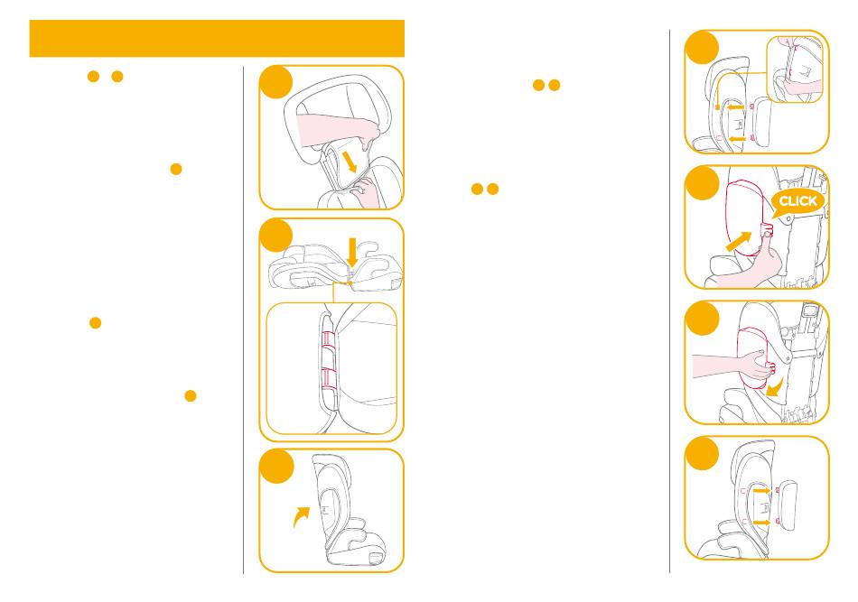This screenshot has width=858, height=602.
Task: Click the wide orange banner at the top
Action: [217, 38]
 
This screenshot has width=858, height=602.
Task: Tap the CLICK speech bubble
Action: [797, 202]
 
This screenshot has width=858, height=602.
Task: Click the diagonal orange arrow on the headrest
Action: [349, 162]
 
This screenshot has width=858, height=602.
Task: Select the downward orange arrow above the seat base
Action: [352, 253]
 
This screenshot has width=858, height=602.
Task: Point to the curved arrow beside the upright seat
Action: [301, 516]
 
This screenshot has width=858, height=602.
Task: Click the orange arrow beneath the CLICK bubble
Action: [740, 241]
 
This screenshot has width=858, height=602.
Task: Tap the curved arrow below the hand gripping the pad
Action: [776, 388]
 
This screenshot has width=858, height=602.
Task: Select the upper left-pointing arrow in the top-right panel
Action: [735, 107]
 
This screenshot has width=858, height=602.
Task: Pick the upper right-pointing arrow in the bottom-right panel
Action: [762, 491]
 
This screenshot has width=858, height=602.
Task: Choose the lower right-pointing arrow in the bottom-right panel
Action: [761, 523]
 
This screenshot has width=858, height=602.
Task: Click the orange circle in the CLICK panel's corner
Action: [702, 183]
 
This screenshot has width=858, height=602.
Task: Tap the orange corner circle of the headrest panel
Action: [276, 82]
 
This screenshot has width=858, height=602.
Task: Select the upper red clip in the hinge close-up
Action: [329, 338]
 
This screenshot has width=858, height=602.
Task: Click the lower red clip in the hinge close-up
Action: [330, 377]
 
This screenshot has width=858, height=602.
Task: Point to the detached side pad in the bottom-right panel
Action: [788, 505]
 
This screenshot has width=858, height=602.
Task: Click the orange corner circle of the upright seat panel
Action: [276, 466]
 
